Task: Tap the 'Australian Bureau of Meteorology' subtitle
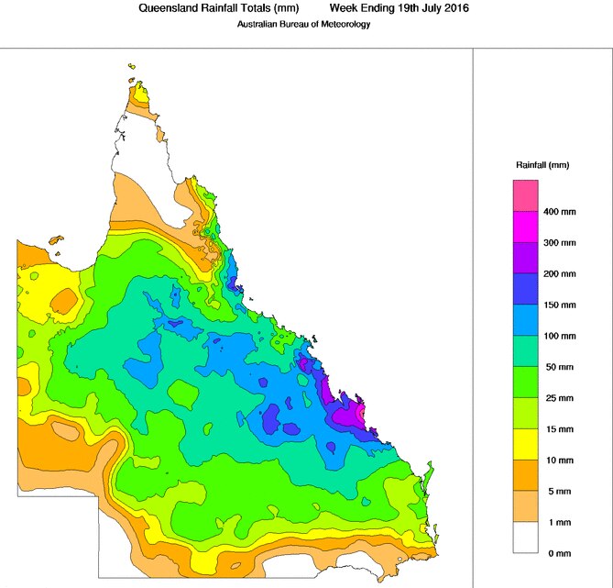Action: (x=305, y=24)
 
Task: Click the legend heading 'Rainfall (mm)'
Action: (x=542, y=165)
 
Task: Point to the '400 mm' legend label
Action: (x=560, y=212)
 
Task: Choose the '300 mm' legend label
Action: (x=560, y=243)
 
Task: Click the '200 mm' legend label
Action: (x=560, y=274)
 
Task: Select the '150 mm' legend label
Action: (x=560, y=305)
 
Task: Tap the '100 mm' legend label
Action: (x=560, y=336)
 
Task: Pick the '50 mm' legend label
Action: (x=558, y=367)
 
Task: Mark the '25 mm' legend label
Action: (x=558, y=398)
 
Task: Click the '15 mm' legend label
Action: (x=558, y=429)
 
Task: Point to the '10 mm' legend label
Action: (x=558, y=460)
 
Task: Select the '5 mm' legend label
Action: (x=556, y=491)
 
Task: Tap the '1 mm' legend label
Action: (x=556, y=522)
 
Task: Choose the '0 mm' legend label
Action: (x=556, y=553)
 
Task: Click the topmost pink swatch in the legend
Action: (x=525, y=195)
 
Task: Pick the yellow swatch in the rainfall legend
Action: (x=525, y=445)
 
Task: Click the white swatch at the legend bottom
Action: (x=525, y=538)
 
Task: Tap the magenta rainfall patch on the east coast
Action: (x=345, y=416)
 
